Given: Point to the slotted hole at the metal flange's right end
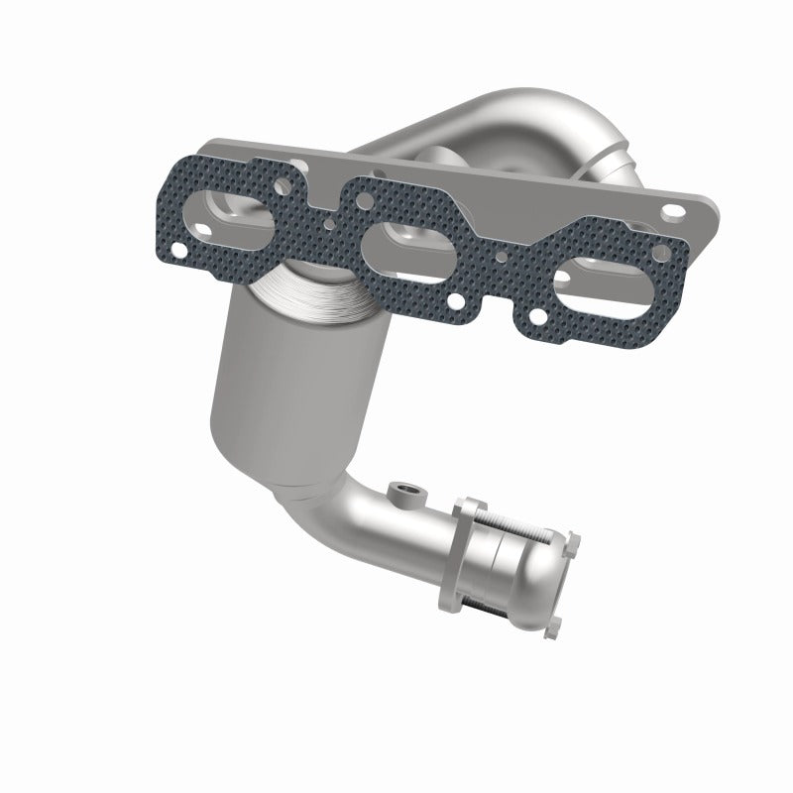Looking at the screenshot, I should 676,210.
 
